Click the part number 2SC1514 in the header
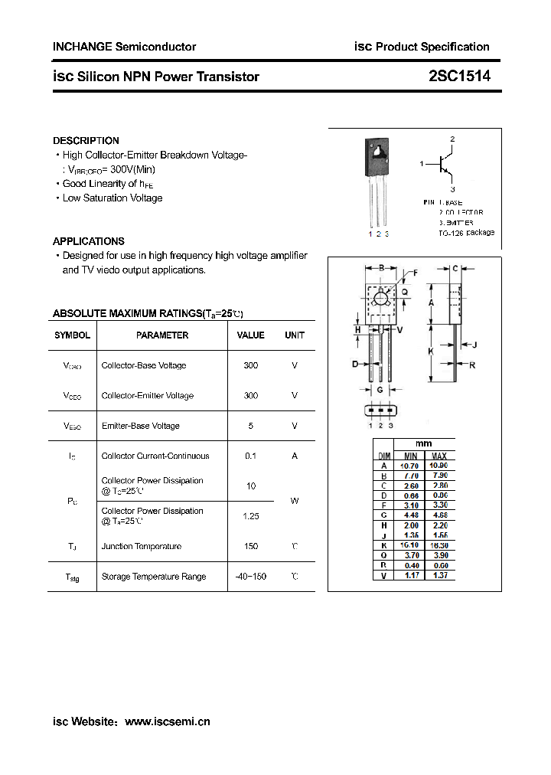(459, 77)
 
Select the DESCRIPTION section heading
(86, 141)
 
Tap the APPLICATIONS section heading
(89, 241)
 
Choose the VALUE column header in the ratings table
(250, 335)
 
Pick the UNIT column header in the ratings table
(295, 335)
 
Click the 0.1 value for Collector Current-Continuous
(250, 456)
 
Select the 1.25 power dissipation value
(250, 516)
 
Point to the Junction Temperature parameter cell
(142, 547)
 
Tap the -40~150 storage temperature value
(250, 577)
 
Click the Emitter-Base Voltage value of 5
(250, 426)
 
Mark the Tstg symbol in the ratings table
(72, 577)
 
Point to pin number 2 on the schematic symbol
(452, 139)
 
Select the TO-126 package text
(467, 233)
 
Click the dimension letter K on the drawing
(431, 352)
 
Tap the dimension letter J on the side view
(474, 345)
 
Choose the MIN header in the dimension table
(409, 456)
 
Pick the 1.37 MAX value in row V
(439, 575)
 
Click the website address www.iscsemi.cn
(167, 721)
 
